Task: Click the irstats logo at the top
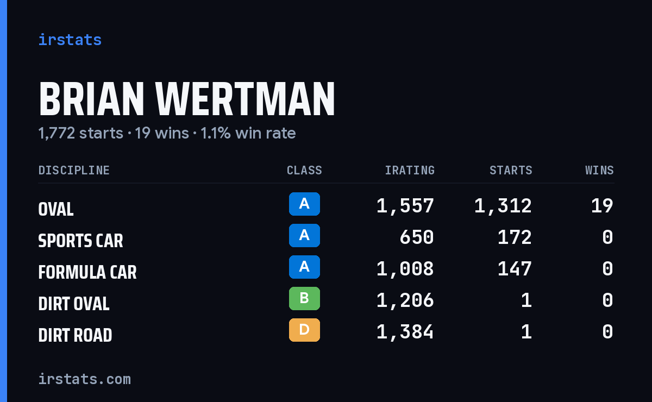click(70, 40)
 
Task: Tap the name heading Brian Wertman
click(187, 99)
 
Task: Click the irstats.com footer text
click(85, 379)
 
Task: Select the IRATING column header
click(410, 170)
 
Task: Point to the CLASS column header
click(304, 170)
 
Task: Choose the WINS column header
click(600, 170)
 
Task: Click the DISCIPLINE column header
click(74, 170)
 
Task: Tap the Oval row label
click(56, 209)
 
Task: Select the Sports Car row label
click(80, 241)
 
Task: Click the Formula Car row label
click(87, 272)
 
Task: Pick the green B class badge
click(304, 298)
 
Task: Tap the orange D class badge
click(304, 330)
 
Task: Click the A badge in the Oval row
click(304, 204)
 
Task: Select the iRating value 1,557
click(405, 206)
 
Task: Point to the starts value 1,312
click(503, 206)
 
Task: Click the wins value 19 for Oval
click(602, 206)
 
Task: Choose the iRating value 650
click(417, 237)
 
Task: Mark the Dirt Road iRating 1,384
click(405, 332)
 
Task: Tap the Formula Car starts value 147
click(515, 269)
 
